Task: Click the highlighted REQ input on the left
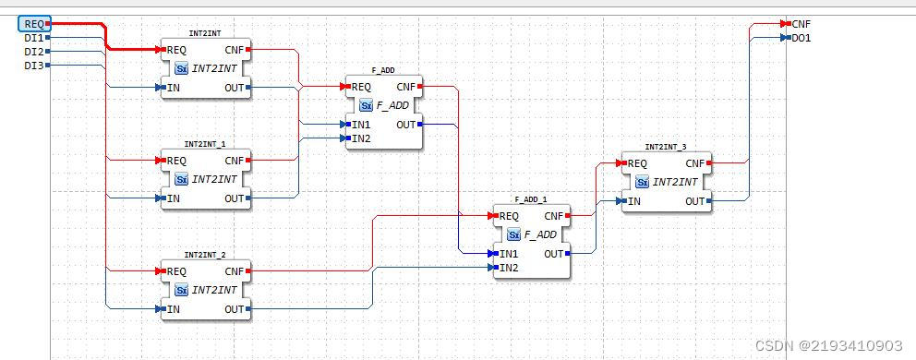[32, 24]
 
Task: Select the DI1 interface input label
[33, 38]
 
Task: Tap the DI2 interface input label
[33, 52]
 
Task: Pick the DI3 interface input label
[33, 66]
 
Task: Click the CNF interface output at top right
[801, 24]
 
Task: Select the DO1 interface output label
[801, 38]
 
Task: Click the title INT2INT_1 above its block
[205, 144]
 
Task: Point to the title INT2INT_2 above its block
[205, 255]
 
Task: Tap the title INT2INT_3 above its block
[666, 147]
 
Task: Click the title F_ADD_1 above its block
[531, 199]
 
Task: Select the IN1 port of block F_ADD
[361, 124]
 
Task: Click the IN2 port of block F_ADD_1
[509, 268]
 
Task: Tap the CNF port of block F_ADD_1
[554, 216]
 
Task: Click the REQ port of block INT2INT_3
[637, 163]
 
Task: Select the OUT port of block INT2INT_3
[695, 200]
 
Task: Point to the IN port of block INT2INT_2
[174, 309]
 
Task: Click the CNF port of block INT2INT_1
[235, 161]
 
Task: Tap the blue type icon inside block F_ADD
[366, 105]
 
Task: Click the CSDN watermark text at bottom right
[828, 345]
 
